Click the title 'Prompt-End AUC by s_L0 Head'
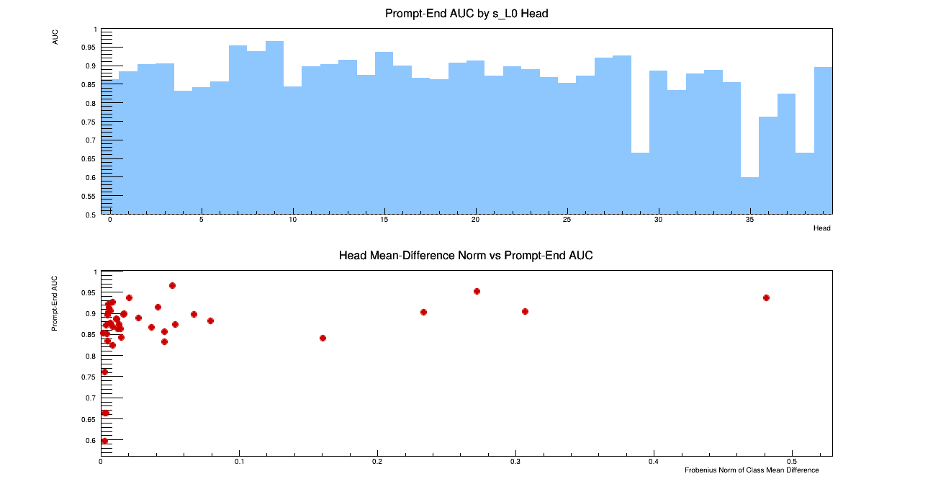tap(466, 13)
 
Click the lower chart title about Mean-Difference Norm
tap(466, 256)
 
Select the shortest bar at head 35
tap(749, 195)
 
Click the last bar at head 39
tap(823, 140)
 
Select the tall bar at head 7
tap(238, 130)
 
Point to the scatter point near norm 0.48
tap(766, 297)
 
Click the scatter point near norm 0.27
tap(477, 291)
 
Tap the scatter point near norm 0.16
tap(323, 338)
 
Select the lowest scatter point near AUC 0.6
tap(104, 441)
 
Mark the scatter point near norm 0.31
tap(525, 311)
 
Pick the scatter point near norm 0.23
tap(423, 312)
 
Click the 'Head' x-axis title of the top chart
tap(821, 228)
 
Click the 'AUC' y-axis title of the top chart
tap(55, 37)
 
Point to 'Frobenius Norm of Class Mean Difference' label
tap(752, 470)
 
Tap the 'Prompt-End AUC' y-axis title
tap(55, 302)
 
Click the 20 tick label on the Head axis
tap(476, 220)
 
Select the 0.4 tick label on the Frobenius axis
tap(654, 461)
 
